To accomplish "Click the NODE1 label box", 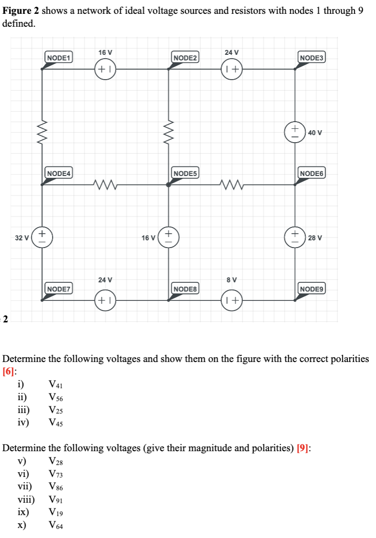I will coord(59,58).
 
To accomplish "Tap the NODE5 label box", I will coord(186,173).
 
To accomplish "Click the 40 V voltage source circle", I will coord(295,132).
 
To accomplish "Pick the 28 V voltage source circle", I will coord(295,237).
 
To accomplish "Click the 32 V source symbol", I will coord(42,237).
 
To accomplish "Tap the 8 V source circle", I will coord(232,300).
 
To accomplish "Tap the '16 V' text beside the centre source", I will coord(148,237).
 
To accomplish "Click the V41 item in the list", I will coord(56,384).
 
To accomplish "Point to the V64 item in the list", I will coord(56,526).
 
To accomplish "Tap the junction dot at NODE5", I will coord(168,185).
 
